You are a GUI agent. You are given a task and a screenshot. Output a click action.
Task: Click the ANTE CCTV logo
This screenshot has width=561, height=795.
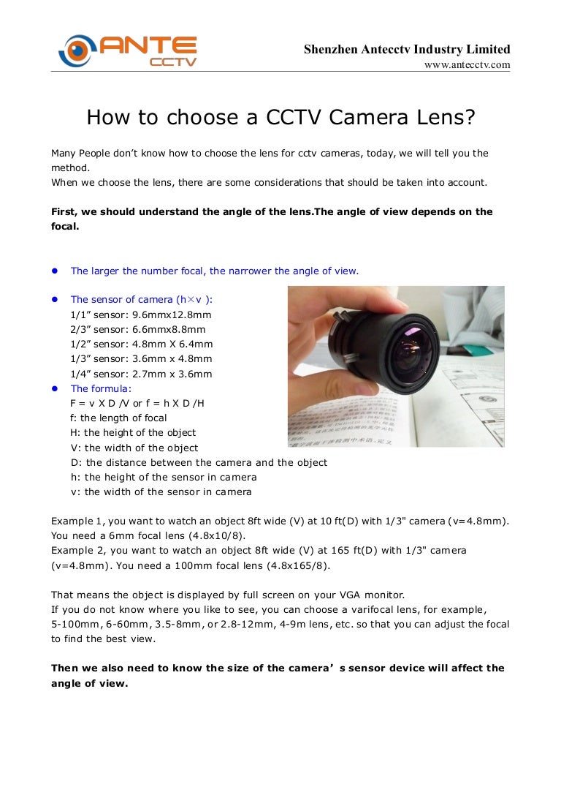tap(128, 51)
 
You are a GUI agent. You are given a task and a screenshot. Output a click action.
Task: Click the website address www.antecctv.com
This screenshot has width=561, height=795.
tap(467, 65)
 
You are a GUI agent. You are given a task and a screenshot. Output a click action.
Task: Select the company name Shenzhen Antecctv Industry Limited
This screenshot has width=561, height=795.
tap(407, 49)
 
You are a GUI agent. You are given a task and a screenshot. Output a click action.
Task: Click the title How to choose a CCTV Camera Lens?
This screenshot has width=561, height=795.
tap(280, 117)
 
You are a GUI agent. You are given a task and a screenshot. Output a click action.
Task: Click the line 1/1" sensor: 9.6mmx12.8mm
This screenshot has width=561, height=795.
tap(141, 314)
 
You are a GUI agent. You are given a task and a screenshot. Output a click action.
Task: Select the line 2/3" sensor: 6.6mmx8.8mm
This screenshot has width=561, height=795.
tap(138, 329)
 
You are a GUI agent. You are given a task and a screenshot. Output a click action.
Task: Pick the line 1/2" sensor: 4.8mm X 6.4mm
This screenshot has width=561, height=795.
tap(142, 344)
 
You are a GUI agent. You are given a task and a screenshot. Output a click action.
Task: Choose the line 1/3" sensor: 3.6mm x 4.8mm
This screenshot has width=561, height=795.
tap(141, 358)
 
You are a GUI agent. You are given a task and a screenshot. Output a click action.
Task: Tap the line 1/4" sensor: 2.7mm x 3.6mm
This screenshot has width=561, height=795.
tap(141, 374)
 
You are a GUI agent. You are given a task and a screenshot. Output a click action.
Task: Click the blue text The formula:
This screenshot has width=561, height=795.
tap(101, 388)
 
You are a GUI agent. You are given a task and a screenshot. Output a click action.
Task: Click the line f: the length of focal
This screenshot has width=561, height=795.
tap(118, 418)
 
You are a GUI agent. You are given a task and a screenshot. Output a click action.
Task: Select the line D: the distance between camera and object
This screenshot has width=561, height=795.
tap(199, 462)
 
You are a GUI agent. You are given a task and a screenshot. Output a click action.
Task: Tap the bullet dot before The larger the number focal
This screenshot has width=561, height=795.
tap(54, 271)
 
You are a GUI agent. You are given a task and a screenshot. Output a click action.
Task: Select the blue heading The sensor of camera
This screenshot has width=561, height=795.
tap(142, 299)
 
